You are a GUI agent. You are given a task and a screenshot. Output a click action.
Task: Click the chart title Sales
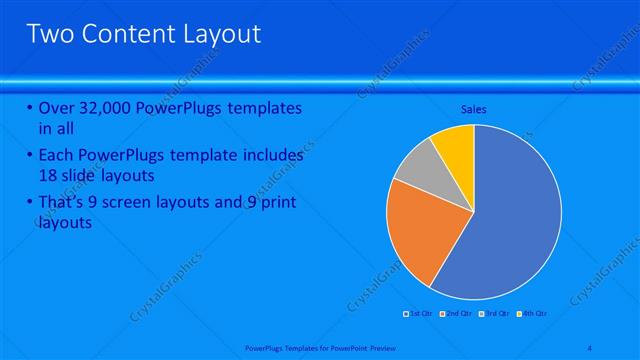point(474,109)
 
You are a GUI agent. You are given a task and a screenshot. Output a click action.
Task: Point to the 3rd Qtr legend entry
point(495,314)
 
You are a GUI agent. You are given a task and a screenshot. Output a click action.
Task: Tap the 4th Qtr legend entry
point(533,314)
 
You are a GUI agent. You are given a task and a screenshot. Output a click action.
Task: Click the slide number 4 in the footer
point(590,348)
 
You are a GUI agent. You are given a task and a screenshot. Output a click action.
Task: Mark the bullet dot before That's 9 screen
point(30,203)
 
